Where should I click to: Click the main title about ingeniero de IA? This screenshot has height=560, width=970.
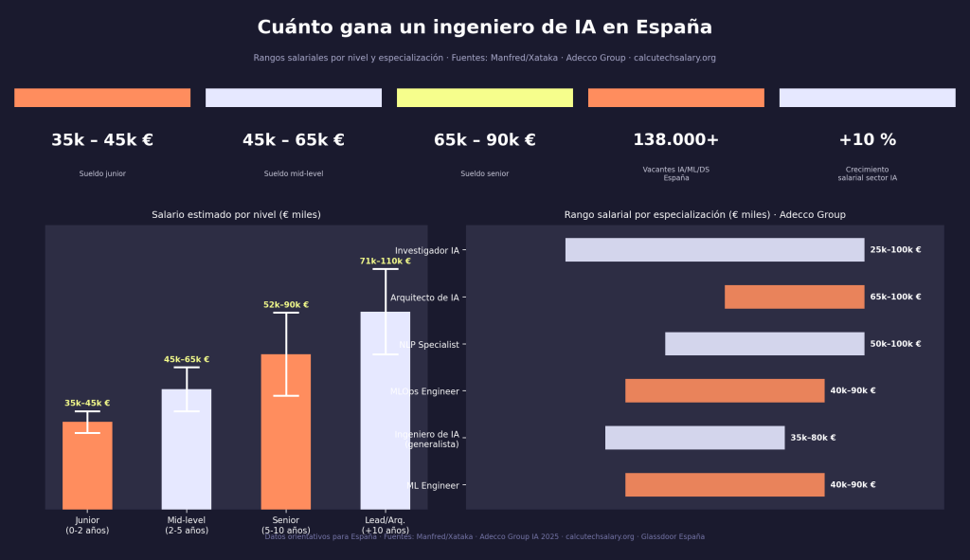[x=484, y=27]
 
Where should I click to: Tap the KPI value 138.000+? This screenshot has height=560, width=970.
[x=675, y=140]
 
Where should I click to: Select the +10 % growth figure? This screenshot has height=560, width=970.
[x=867, y=140]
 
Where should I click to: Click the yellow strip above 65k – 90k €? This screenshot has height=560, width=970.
[x=484, y=98]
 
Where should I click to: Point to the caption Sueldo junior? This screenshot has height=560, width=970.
[x=102, y=174]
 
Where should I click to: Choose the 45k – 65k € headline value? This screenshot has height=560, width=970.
[x=293, y=140]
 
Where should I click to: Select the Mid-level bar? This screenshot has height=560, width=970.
[x=187, y=449]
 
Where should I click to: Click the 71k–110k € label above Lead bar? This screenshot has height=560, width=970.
[x=385, y=261]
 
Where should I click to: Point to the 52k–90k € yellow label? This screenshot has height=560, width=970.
[x=285, y=305]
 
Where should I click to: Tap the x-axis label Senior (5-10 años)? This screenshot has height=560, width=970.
[x=285, y=525]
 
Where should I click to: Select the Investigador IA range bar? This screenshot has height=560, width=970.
[x=714, y=250]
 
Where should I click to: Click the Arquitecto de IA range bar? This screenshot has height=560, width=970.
[x=794, y=298]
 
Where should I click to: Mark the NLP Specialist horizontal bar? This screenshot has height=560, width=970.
[x=764, y=344]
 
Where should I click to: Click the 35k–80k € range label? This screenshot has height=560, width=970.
[x=813, y=438]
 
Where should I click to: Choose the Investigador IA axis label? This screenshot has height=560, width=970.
[x=426, y=250]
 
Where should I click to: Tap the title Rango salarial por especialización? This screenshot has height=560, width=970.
[x=705, y=215]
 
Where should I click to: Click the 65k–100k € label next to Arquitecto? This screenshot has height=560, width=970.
[x=895, y=298]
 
